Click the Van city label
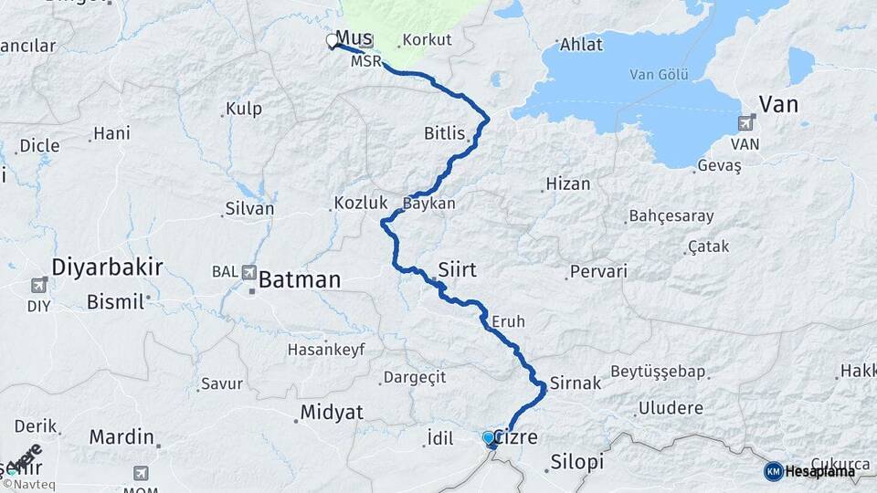tap(778, 104)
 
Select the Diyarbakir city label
tap(107, 267)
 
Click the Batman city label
tap(300, 279)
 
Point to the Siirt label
tap(458, 269)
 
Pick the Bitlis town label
tap(445, 133)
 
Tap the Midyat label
tap(332, 414)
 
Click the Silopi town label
tap(577, 462)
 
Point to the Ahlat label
tap(580, 44)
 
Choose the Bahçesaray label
tap(665, 216)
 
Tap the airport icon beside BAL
tap(249, 271)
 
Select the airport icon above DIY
tap(39, 285)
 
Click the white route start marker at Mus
tap(331, 40)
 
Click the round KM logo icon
tap(774, 471)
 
